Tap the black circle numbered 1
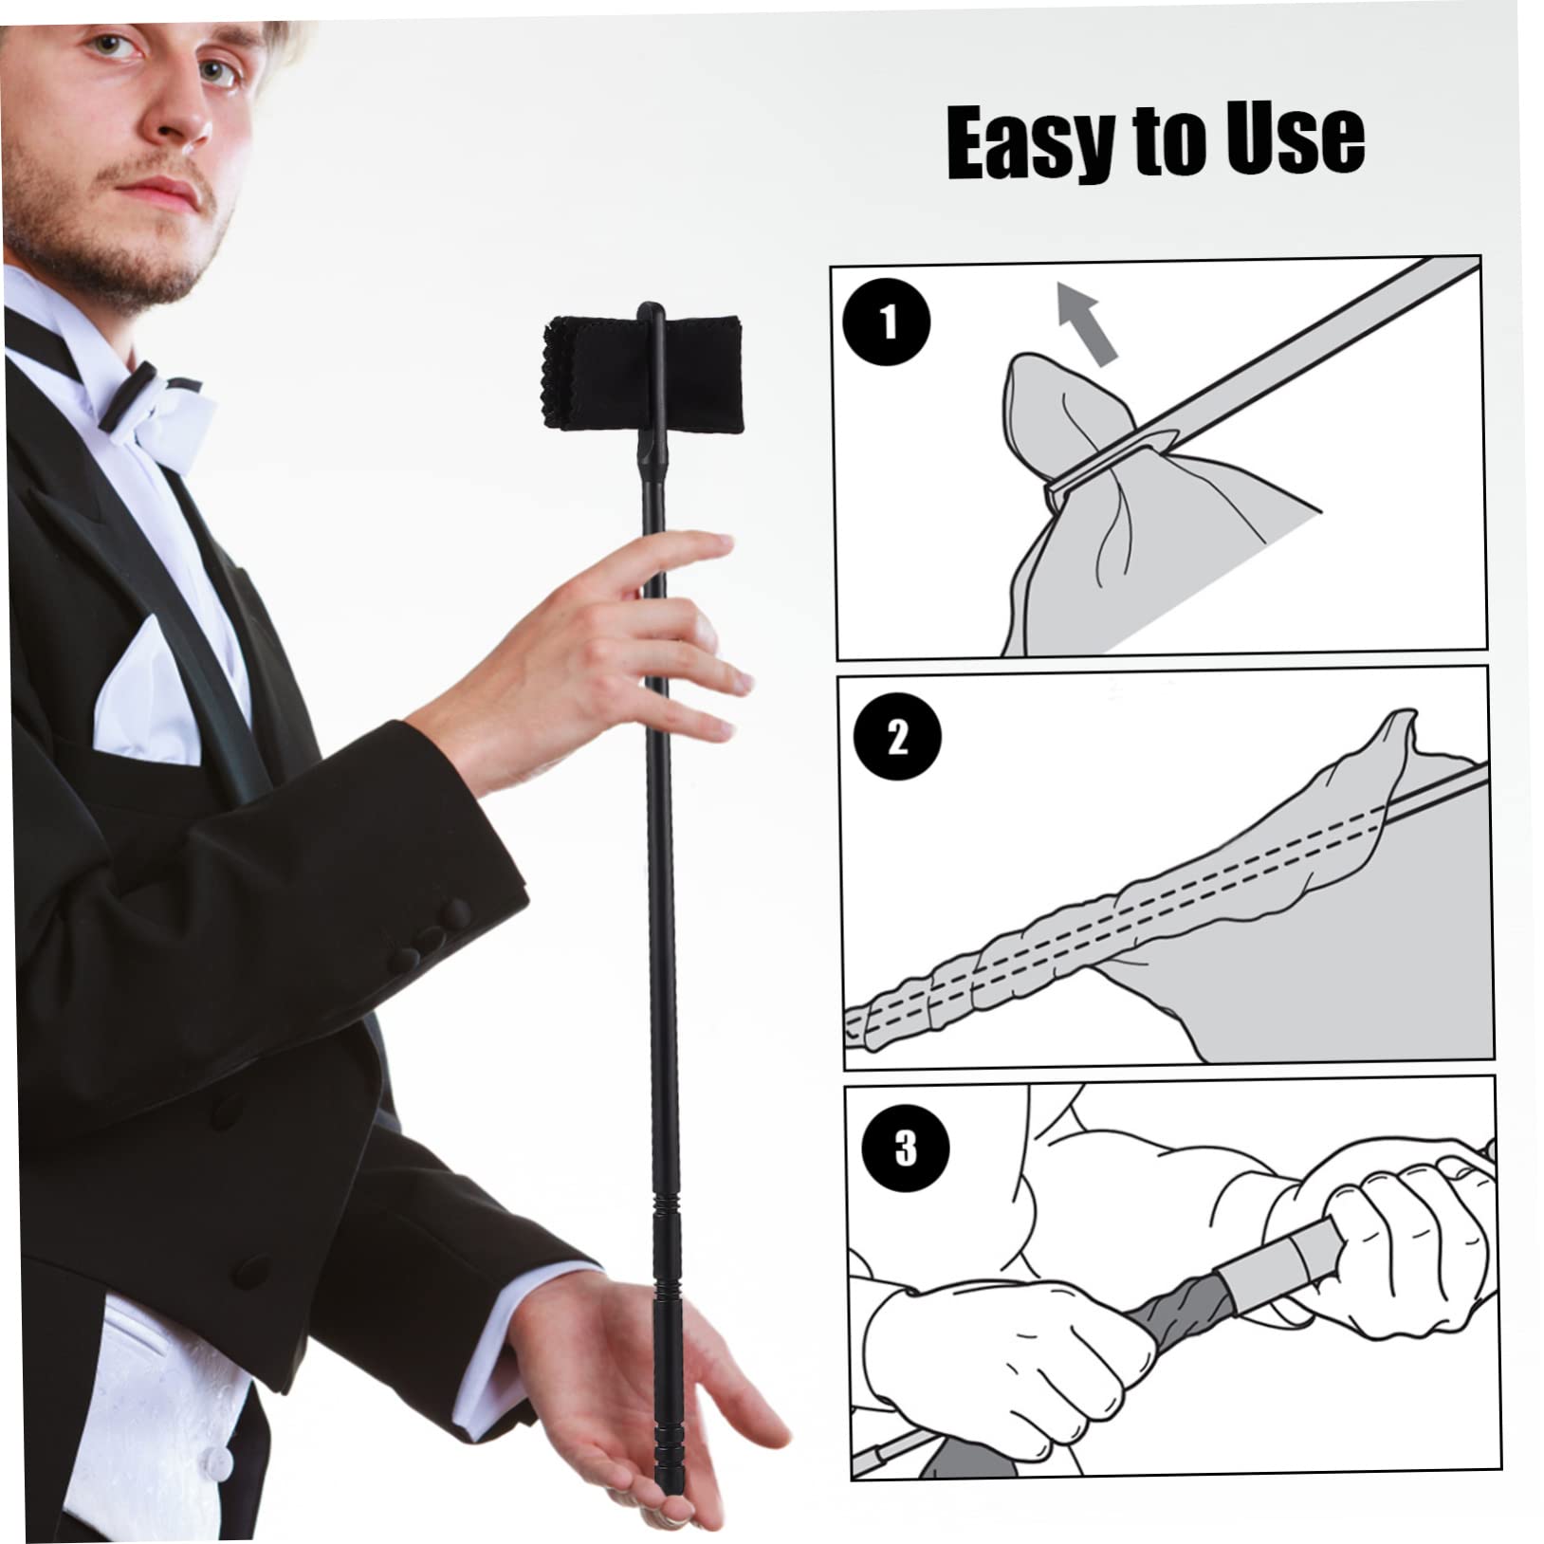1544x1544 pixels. pos(888,322)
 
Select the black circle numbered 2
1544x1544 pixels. pos(896,737)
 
